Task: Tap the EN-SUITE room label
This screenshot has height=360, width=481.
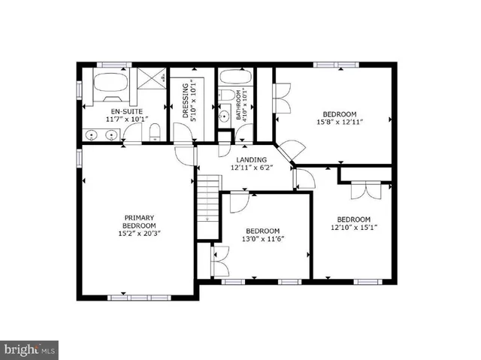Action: (x=106, y=110)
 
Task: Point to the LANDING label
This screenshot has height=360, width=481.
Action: (x=251, y=159)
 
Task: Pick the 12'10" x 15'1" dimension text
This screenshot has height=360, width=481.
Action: (x=354, y=228)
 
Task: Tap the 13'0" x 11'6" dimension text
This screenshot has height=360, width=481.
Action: (x=262, y=239)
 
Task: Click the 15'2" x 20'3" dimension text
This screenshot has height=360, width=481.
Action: (x=140, y=233)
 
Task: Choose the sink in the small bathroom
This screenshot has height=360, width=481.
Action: (x=224, y=117)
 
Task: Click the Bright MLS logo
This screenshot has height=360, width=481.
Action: (x=29, y=350)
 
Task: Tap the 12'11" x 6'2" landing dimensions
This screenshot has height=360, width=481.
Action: (x=251, y=168)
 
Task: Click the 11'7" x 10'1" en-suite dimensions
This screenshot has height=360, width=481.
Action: (x=106, y=119)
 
